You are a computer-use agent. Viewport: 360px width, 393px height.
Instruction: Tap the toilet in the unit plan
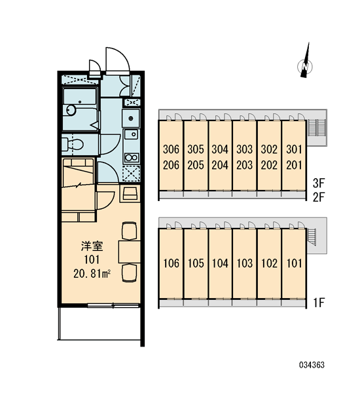[73, 144]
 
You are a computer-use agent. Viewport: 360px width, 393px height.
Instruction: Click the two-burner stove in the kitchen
[132, 158]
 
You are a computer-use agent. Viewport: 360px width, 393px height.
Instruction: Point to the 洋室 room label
[92, 246]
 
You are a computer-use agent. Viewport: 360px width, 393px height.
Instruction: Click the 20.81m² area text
[92, 274]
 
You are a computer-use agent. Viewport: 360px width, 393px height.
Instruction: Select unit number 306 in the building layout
[171, 149]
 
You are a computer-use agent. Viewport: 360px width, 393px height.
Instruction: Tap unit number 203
[245, 165]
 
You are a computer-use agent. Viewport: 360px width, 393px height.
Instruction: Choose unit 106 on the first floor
[171, 263]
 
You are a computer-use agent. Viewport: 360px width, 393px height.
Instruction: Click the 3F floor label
[319, 183]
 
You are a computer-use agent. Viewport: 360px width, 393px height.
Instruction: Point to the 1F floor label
[319, 303]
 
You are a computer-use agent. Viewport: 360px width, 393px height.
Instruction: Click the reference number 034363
[312, 365]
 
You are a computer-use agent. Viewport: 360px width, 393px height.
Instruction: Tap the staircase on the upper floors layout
[316, 128]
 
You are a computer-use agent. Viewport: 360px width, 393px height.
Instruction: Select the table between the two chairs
[129, 252]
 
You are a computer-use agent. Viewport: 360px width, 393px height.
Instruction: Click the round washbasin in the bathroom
[71, 110]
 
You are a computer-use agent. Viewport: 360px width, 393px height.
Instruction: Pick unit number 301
[294, 149]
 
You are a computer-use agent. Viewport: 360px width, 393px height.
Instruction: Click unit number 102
[269, 263]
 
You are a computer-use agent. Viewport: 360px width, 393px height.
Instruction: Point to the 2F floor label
[319, 197]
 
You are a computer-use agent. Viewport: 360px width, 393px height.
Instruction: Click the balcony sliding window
[113, 305]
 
